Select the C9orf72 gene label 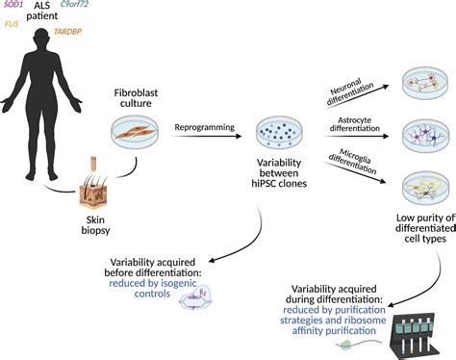point(102,7)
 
